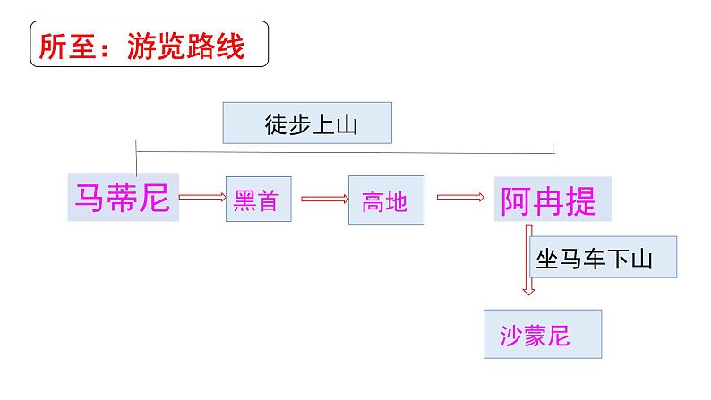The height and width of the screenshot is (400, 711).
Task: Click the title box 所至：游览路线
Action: tap(150, 45)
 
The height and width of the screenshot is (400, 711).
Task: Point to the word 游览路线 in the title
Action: tap(197, 46)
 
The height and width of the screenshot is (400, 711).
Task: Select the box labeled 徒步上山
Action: tap(308, 123)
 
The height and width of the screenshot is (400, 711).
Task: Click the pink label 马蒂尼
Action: tap(124, 197)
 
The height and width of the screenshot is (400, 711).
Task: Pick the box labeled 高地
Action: tap(384, 200)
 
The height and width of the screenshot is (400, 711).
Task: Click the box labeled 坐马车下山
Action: tap(603, 259)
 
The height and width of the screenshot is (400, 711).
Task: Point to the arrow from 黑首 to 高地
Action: tap(324, 199)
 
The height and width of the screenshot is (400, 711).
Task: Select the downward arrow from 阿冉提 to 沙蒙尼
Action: tap(528, 260)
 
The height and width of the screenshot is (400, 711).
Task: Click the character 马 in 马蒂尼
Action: tap(90, 197)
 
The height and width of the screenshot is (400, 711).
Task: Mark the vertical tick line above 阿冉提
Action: tap(554, 158)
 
